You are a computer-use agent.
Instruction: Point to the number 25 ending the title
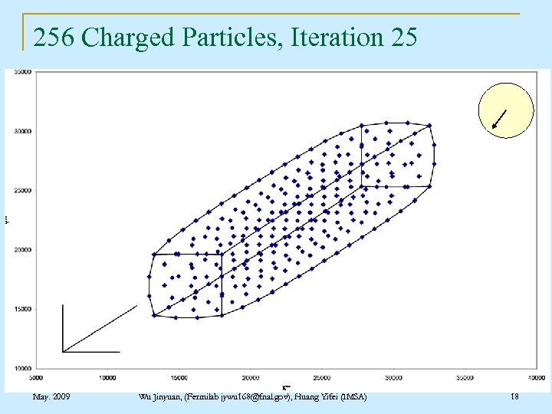pyautogui.click(x=404, y=37)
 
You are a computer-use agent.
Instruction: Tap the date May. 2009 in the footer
pyautogui.click(x=52, y=396)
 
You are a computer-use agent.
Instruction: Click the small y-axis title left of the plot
pyautogui.click(x=7, y=219)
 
